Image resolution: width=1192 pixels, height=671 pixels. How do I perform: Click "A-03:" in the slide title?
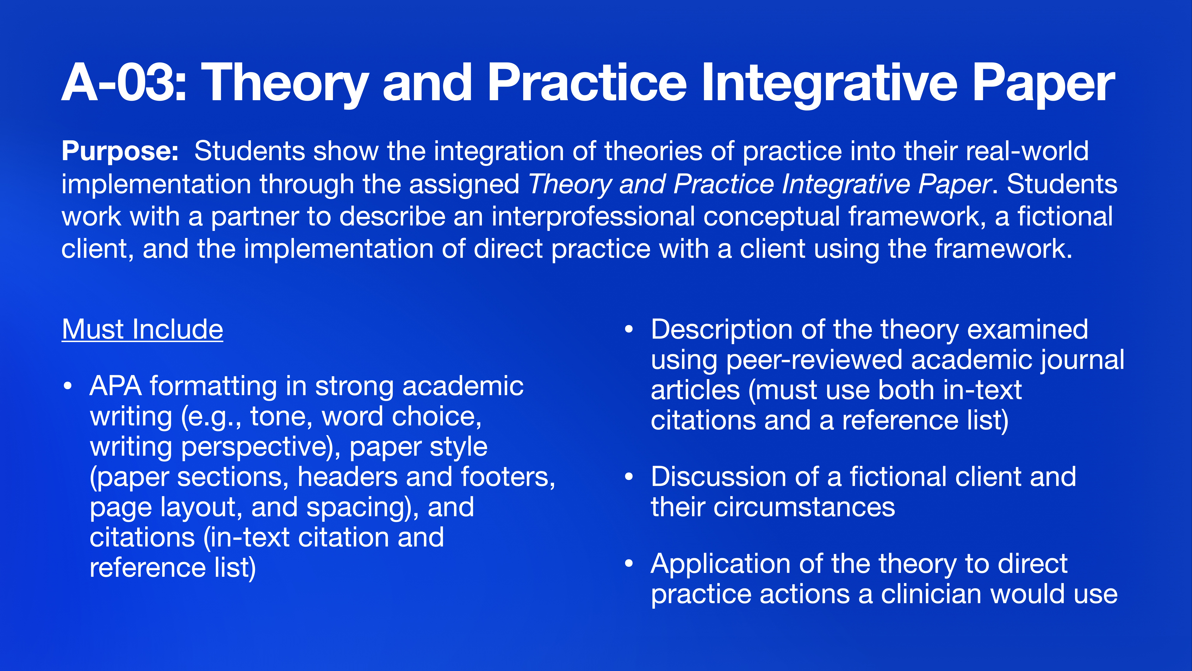(x=124, y=83)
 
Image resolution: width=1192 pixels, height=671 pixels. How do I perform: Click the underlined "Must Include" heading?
(x=143, y=330)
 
